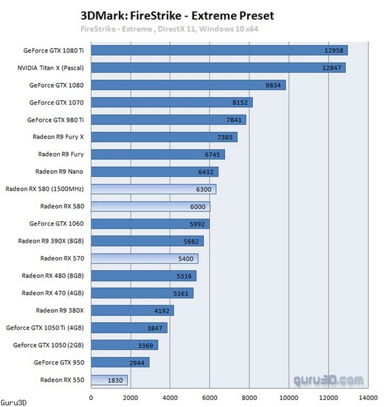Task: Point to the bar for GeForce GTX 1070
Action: coord(172,102)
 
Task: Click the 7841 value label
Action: coord(234,120)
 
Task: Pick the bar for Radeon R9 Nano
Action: coord(155,172)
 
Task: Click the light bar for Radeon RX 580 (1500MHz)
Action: coord(154,189)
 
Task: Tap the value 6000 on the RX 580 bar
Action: coord(198,206)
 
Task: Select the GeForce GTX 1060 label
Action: coord(57,224)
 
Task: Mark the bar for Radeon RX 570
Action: coord(145,258)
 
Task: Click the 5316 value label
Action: coord(184,276)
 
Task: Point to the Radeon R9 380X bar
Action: coord(133,311)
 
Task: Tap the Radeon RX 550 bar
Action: coord(109,380)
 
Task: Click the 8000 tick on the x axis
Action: coord(250,396)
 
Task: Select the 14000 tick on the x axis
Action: coord(368,396)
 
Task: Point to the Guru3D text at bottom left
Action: coord(14,402)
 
